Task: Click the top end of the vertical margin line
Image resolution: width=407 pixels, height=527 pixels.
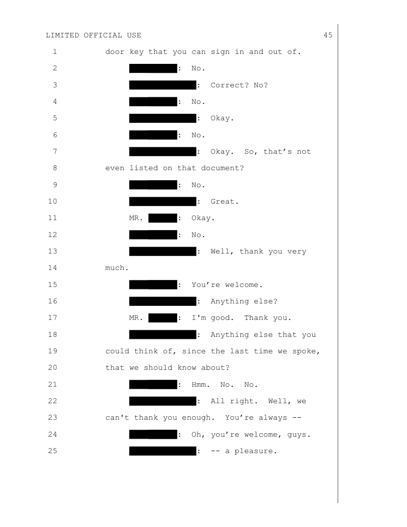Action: tap(338, 24)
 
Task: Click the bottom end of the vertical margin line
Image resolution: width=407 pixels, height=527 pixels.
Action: tap(338, 503)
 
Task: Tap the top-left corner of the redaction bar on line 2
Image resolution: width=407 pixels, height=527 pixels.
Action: tap(129, 64)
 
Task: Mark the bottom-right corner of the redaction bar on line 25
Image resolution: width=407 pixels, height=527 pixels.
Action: tap(197, 456)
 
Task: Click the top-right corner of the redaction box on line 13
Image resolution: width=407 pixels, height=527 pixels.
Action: tap(197, 247)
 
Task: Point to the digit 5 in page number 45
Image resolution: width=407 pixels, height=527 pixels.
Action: tap(330, 35)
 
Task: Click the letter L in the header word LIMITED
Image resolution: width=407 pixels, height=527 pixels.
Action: tap(48, 35)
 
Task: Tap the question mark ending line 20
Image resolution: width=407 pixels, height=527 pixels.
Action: tap(227, 368)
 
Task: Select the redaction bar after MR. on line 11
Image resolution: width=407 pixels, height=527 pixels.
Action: tap(163, 218)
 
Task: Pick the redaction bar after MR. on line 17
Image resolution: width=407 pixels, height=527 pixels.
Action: tap(163, 318)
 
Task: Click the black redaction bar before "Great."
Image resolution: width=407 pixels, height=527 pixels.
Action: tap(163, 202)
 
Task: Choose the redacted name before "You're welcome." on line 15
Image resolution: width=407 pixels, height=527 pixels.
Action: tap(153, 284)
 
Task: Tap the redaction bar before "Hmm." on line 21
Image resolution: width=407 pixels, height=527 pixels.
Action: tap(153, 384)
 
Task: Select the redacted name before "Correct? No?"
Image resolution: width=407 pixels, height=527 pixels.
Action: tap(163, 85)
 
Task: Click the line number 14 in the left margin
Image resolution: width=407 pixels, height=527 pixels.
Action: tap(53, 268)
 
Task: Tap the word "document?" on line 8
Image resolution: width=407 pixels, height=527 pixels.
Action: tap(222, 168)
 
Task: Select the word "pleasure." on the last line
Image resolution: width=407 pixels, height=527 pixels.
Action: tap(255, 451)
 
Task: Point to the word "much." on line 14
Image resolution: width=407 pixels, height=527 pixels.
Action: tap(117, 268)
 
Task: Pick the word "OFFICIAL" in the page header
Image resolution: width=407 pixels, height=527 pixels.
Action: tap(103, 35)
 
